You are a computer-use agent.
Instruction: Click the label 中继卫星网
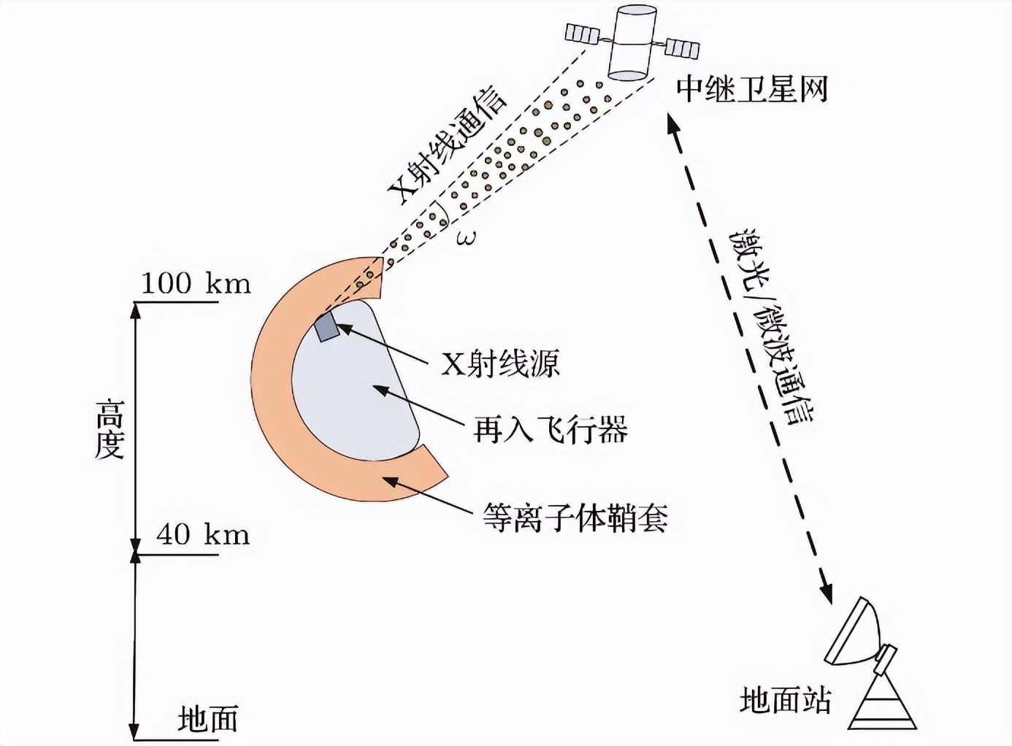(x=751, y=90)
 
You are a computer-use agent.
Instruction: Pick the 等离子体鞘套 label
(x=575, y=518)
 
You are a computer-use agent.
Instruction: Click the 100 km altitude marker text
(x=195, y=283)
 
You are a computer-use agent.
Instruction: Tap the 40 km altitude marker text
(x=202, y=534)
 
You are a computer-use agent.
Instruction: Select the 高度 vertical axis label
(x=110, y=428)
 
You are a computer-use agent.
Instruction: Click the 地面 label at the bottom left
(x=208, y=719)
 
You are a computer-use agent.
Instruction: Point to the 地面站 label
(x=785, y=701)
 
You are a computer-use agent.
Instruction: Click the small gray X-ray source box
(x=327, y=327)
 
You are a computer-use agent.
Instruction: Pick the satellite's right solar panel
(x=682, y=48)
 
